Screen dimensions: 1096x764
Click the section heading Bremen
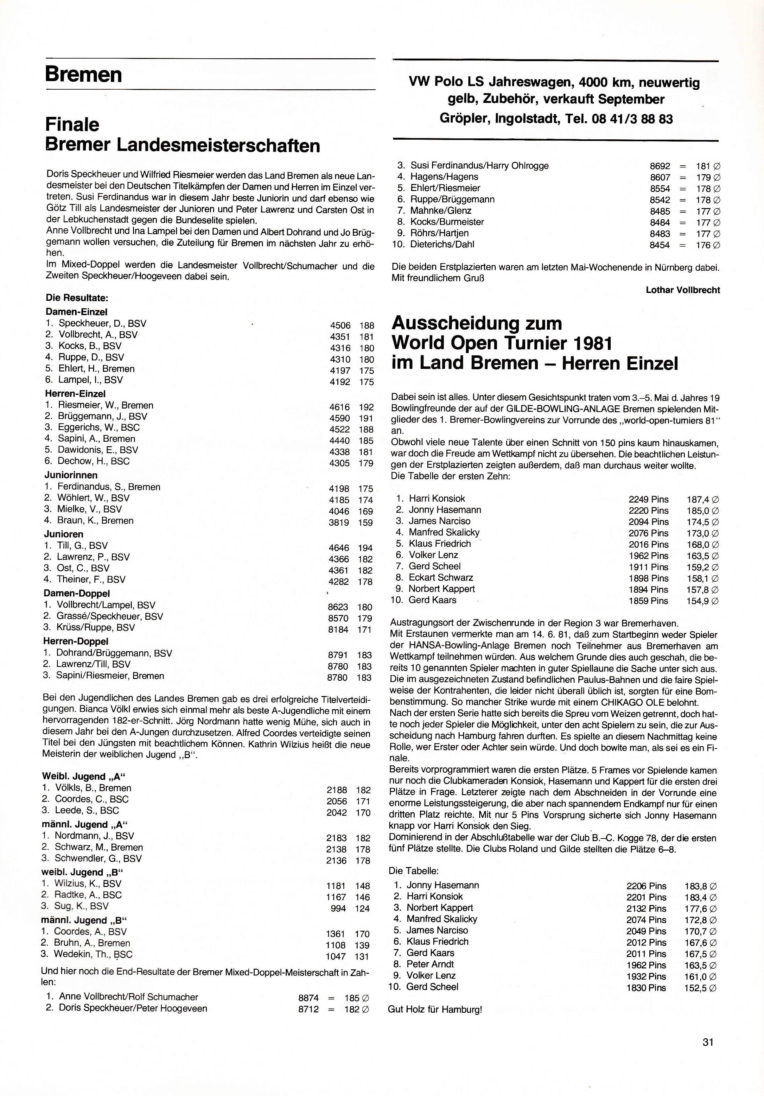(x=84, y=74)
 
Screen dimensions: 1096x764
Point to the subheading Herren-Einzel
(x=75, y=394)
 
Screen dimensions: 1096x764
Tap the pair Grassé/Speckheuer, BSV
(x=110, y=616)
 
